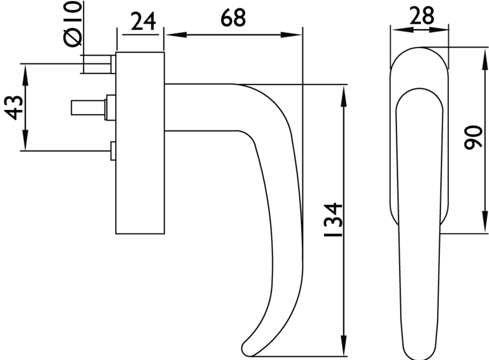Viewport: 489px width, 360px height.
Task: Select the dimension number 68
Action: click(233, 18)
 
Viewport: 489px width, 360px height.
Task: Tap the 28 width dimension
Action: click(421, 16)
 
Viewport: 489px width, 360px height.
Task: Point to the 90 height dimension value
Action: click(473, 137)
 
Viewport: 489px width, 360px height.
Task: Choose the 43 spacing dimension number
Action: click(15, 108)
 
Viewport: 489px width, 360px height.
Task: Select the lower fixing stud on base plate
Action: click(113, 151)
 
